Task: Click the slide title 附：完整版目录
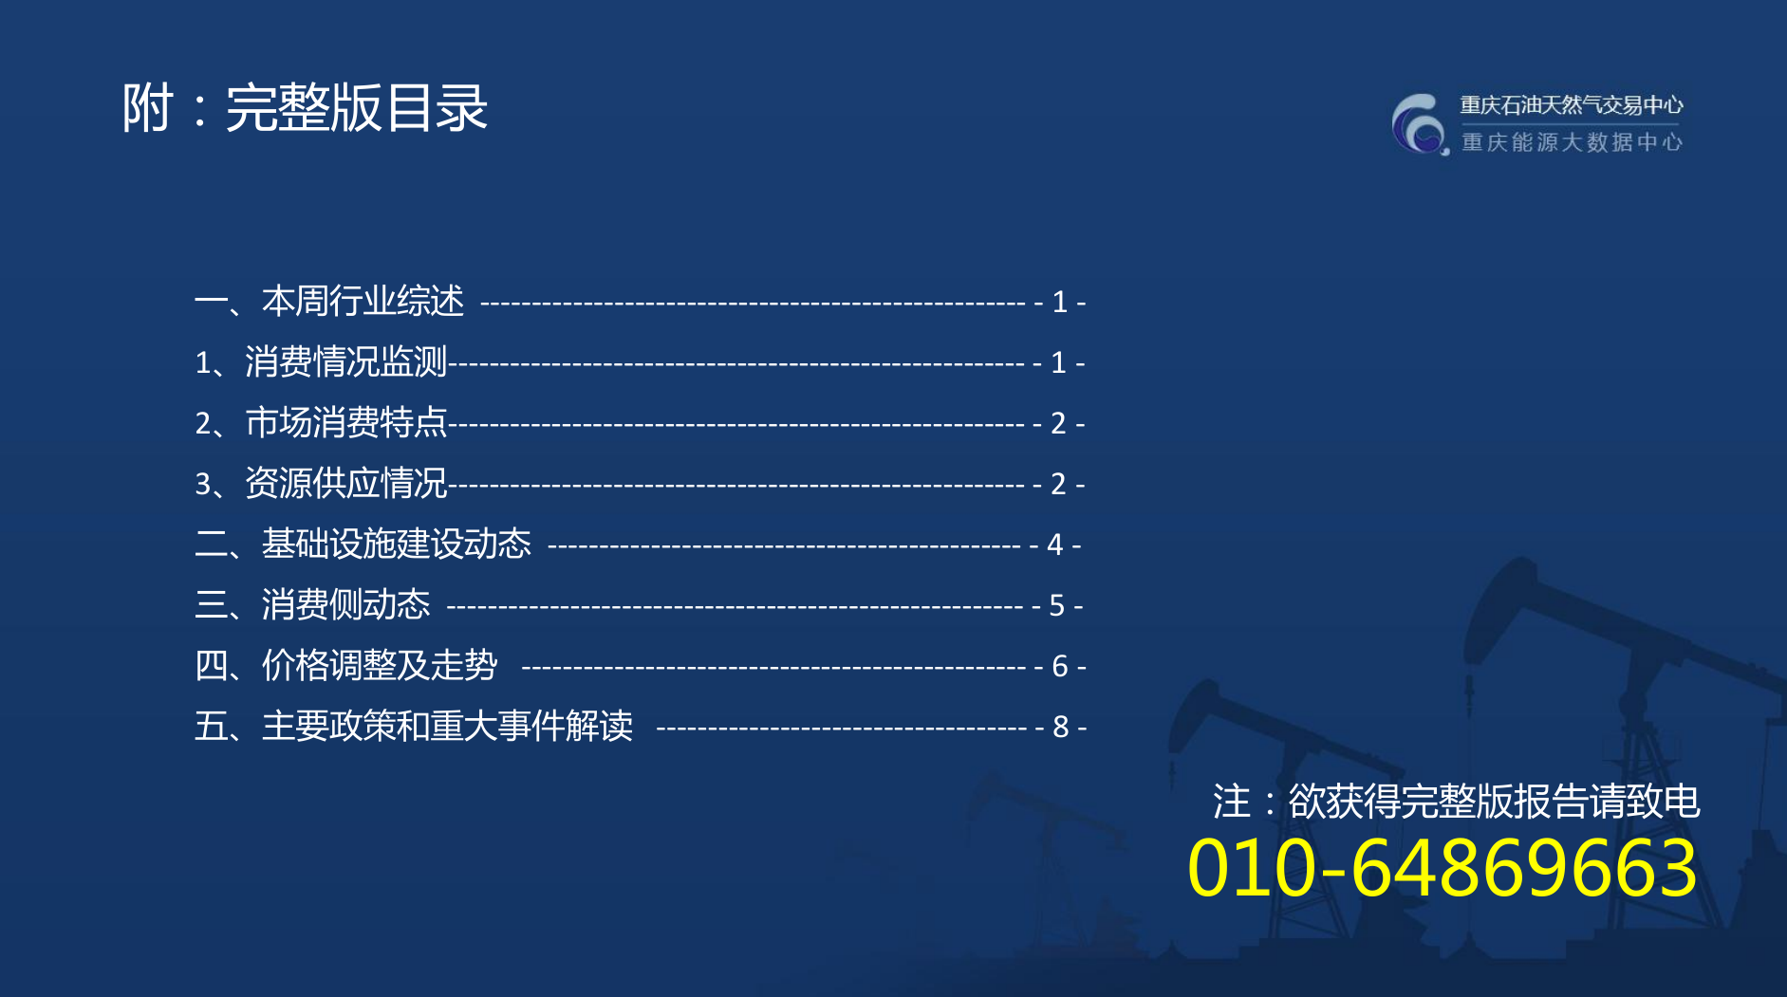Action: (x=305, y=107)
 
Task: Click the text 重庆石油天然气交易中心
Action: (x=1572, y=104)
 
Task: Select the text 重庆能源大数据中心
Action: (x=1572, y=142)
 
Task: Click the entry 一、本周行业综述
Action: (x=329, y=301)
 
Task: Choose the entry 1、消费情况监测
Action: (x=321, y=361)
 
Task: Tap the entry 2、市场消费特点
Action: (x=321, y=422)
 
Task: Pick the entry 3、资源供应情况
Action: (x=321, y=483)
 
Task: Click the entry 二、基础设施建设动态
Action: (x=363, y=544)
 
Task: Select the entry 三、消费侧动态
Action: (x=312, y=604)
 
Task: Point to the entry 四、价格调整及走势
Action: (x=345, y=665)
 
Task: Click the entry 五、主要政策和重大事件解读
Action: (x=414, y=726)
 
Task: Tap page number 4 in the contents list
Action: (x=1054, y=545)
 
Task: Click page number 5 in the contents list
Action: (x=1057, y=605)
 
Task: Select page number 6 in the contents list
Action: (x=1060, y=666)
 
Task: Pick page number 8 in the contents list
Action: (x=1061, y=727)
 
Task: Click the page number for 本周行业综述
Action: (x=1060, y=302)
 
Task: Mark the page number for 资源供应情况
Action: (x=1059, y=484)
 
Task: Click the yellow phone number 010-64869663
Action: (x=1443, y=868)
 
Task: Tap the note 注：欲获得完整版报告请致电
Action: (x=1457, y=801)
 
